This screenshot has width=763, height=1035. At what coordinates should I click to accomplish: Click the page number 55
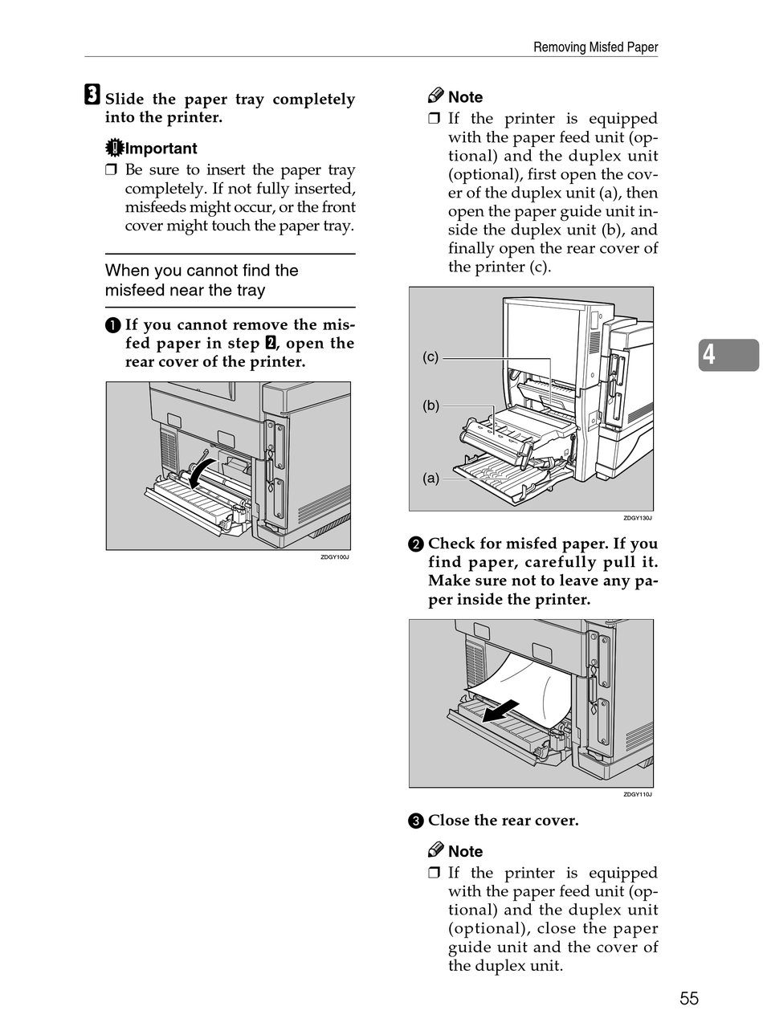point(689,998)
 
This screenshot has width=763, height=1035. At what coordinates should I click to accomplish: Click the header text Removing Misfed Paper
point(595,47)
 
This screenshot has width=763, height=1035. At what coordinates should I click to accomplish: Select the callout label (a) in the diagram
point(431,479)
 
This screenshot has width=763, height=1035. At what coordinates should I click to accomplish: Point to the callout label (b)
point(431,405)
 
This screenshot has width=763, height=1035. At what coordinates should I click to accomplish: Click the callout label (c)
point(431,357)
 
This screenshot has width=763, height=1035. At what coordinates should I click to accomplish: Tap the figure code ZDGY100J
point(335,557)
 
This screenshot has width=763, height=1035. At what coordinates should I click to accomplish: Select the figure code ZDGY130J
point(638,518)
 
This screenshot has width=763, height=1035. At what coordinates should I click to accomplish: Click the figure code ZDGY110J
point(638,794)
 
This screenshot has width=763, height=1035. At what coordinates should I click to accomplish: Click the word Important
point(161,149)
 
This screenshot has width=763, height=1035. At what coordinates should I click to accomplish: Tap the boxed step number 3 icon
point(92,96)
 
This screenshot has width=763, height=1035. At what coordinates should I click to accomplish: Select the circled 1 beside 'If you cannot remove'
point(112,325)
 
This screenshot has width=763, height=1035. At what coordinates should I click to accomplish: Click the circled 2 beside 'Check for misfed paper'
point(415,544)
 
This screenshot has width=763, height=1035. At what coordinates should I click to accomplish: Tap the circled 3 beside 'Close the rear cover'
point(415,821)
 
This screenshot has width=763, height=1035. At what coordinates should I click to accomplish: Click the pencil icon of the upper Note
point(436,96)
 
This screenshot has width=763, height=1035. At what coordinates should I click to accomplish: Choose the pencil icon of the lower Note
point(436,850)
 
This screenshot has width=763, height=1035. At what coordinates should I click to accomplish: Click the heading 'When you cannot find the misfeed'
point(202,280)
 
